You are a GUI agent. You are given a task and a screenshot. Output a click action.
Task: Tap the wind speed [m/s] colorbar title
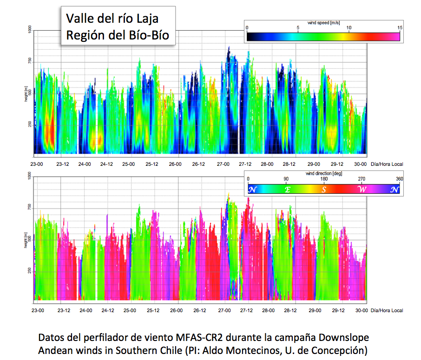tap(324, 22)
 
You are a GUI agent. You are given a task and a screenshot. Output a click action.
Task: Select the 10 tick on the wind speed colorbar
tap(349, 28)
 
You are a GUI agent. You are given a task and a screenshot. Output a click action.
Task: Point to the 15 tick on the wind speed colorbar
tap(399, 28)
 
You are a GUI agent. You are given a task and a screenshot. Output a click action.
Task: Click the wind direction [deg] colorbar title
tap(324, 173)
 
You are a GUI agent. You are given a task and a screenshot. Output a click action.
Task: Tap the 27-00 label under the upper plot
tap(224, 164)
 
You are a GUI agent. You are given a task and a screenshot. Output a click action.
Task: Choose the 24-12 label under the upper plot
tap(107, 164)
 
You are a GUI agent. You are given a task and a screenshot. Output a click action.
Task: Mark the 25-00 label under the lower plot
tap(130, 310)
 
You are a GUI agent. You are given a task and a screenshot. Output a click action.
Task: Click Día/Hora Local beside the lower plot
tap(387, 310)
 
